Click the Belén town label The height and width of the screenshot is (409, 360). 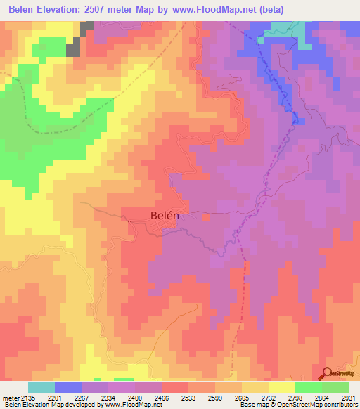click(x=165, y=216)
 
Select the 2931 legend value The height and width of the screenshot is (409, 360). click(x=348, y=398)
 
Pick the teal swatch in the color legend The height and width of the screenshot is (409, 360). click(x=41, y=387)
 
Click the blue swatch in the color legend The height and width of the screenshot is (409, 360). click(x=67, y=387)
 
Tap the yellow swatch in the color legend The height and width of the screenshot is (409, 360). click(x=281, y=387)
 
